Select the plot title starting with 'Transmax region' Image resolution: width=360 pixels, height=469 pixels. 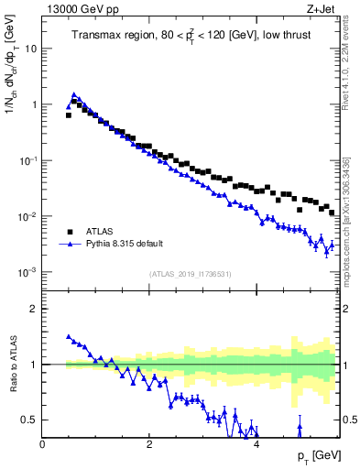(190, 36)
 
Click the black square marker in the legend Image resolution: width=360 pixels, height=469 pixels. (70, 232)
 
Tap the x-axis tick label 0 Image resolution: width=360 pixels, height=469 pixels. (42, 443)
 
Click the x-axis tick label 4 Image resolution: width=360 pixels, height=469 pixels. (256, 443)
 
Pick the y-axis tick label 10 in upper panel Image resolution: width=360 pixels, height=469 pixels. (29, 49)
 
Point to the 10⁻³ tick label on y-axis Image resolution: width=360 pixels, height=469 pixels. (27, 273)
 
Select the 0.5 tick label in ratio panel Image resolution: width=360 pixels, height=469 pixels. (30, 420)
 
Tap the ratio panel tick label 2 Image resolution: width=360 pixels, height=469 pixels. (34, 309)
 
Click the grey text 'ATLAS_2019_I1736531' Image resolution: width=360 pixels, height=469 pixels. (190, 274)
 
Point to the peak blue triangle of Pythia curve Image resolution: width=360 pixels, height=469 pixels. (74, 94)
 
